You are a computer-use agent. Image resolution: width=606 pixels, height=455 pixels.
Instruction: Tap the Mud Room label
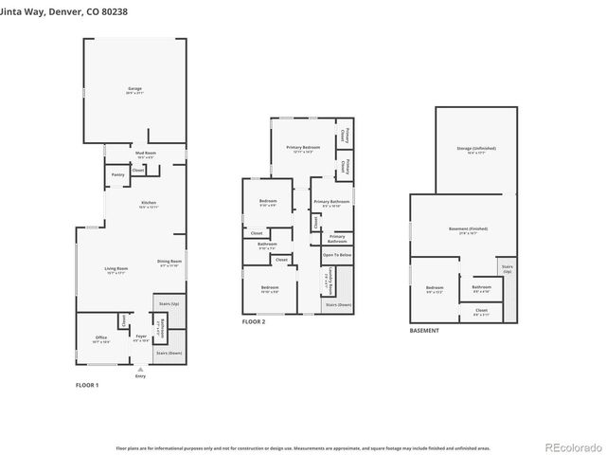[x=146, y=154]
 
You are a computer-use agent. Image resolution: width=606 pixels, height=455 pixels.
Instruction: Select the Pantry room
[x=117, y=174]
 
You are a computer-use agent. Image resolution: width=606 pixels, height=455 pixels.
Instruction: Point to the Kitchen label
[x=148, y=204]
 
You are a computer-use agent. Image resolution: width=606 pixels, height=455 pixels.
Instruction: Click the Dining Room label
[x=169, y=263]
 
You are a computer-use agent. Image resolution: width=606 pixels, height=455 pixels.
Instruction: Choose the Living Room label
[x=116, y=271]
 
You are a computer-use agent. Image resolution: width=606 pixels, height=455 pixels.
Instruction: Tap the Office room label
[x=100, y=338]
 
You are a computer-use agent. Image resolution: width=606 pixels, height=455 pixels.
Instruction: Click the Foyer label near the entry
[x=141, y=338]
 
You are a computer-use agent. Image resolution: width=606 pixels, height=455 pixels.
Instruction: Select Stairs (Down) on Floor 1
[x=169, y=352]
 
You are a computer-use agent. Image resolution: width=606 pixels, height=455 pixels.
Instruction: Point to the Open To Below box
[x=336, y=255]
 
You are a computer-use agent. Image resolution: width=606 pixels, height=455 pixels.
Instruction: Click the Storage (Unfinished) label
[x=476, y=150]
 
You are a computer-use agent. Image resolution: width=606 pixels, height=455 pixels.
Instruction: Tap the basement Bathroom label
[x=481, y=288]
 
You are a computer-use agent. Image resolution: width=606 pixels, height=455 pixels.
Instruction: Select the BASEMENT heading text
[x=424, y=330]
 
